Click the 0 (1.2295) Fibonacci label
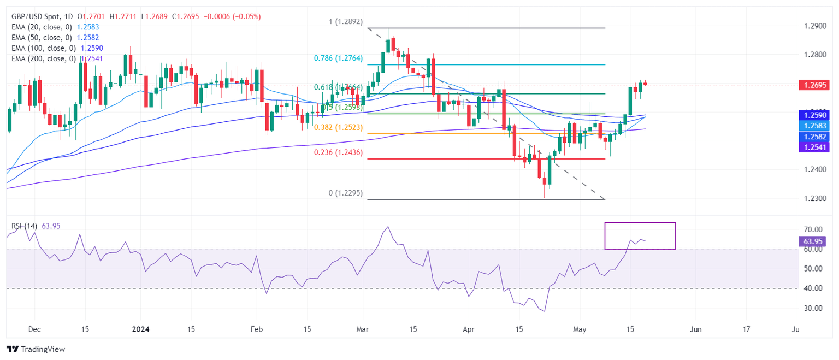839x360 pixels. [344, 193]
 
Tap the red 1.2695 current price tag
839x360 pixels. [813, 85]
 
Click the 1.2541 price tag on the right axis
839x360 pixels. [813, 147]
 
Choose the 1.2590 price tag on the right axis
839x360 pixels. [813, 115]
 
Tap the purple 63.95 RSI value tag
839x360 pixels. [813, 241]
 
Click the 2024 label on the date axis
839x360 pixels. [140, 329]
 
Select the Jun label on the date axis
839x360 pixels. [695, 329]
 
